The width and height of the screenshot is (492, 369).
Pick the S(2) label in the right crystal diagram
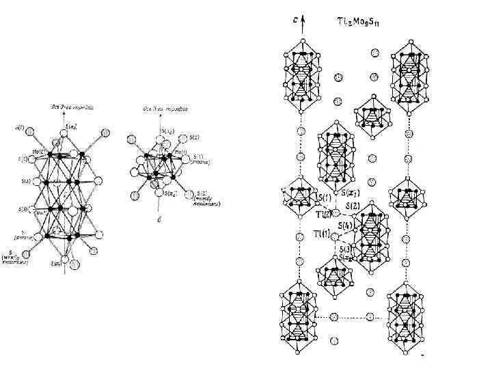(353, 206)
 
